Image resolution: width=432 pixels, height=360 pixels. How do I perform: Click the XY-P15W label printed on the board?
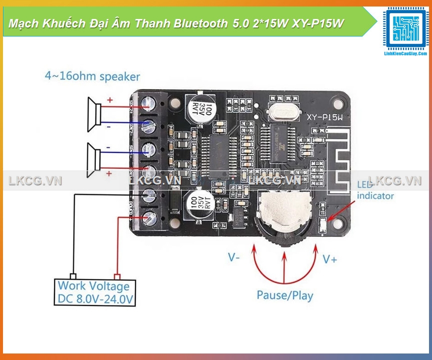point(325,117)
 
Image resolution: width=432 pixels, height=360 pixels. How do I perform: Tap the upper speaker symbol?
point(94,114)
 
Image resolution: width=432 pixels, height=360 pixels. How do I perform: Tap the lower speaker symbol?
point(94,158)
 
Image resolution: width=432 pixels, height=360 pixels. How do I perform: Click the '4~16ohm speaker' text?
point(92,76)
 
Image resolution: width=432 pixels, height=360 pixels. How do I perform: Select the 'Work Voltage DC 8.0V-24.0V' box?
point(94,292)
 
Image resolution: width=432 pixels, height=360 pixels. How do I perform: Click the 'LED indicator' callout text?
point(375,190)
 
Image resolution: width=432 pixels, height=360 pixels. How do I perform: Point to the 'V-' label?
point(234,257)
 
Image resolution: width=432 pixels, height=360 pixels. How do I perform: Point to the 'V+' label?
point(330,259)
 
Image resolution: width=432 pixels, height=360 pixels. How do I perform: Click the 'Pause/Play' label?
point(285,295)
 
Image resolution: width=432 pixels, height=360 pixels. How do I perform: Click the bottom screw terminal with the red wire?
point(149,217)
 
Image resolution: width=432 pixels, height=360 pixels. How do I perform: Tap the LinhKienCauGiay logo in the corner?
point(405,30)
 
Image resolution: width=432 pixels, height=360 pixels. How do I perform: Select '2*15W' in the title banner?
point(266,24)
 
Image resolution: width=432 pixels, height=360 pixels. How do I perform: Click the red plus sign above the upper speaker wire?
point(110,100)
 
